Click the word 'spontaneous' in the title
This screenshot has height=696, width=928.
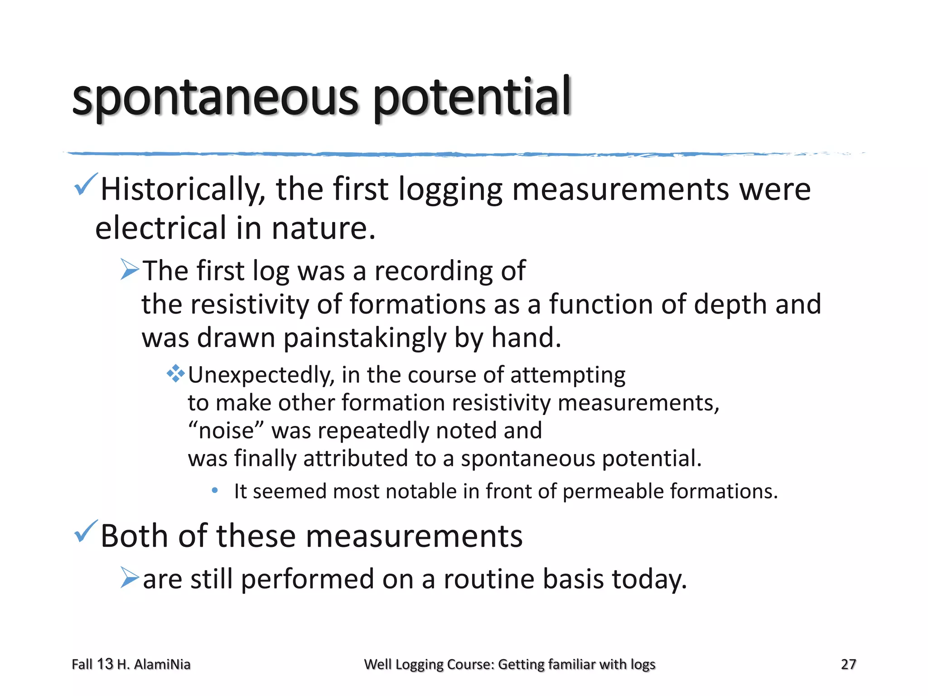pyautogui.click(x=215, y=97)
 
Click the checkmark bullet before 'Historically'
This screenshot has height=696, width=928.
pyautogui.click(x=85, y=184)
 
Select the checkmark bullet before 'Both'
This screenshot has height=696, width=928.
pyautogui.click(x=85, y=532)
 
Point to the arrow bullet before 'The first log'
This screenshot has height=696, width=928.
pyautogui.click(x=130, y=270)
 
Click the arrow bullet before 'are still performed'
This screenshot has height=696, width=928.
pyautogui.click(x=130, y=578)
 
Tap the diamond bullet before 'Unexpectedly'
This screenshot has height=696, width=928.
pyautogui.click(x=175, y=374)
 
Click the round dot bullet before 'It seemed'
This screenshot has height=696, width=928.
pyautogui.click(x=215, y=490)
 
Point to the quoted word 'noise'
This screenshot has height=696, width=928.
pyautogui.click(x=226, y=430)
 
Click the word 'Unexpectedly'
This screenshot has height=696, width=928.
pyautogui.click(x=261, y=376)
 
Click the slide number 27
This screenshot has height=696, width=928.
pyautogui.click(x=848, y=664)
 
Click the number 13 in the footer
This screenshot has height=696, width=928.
pyautogui.click(x=105, y=664)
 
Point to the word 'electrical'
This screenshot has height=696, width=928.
pyautogui.click(x=160, y=228)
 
